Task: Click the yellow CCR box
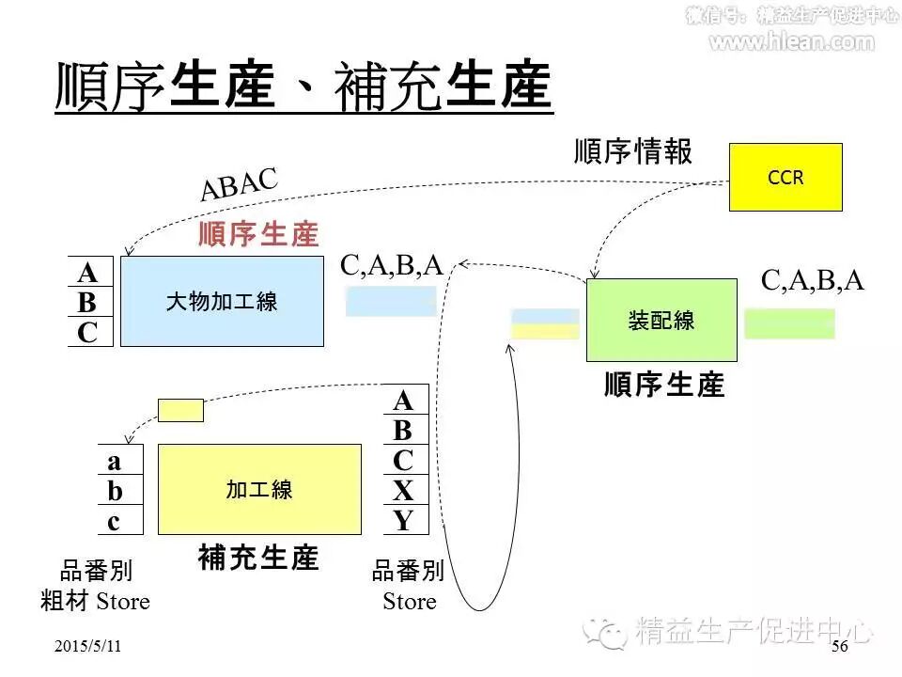click(x=785, y=177)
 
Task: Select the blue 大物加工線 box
click(x=222, y=302)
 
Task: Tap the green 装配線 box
click(x=661, y=321)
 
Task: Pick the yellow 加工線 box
click(x=259, y=489)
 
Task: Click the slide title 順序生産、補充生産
click(x=303, y=87)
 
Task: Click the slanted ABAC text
click(x=240, y=184)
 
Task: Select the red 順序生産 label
click(x=258, y=234)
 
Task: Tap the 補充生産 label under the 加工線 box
click(x=259, y=558)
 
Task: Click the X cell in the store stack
click(x=404, y=490)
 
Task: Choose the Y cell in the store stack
click(x=404, y=520)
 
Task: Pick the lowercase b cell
click(x=115, y=491)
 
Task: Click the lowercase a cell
click(x=115, y=461)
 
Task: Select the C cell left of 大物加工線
click(x=87, y=332)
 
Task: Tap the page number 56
click(x=840, y=647)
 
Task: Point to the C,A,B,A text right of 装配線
click(x=812, y=280)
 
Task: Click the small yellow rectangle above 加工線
click(x=179, y=410)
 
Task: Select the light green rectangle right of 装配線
click(x=789, y=323)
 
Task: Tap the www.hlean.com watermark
click(x=791, y=41)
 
